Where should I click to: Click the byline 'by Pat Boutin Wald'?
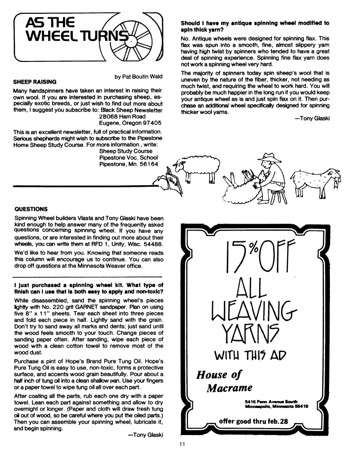(x=139, y=77)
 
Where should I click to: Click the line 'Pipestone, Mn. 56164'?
(x=129, y=164)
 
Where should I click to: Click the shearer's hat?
(x=269, y=158)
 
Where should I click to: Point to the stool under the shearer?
(x=278, y=196)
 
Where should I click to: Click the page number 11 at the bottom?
(x=182, y=446)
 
